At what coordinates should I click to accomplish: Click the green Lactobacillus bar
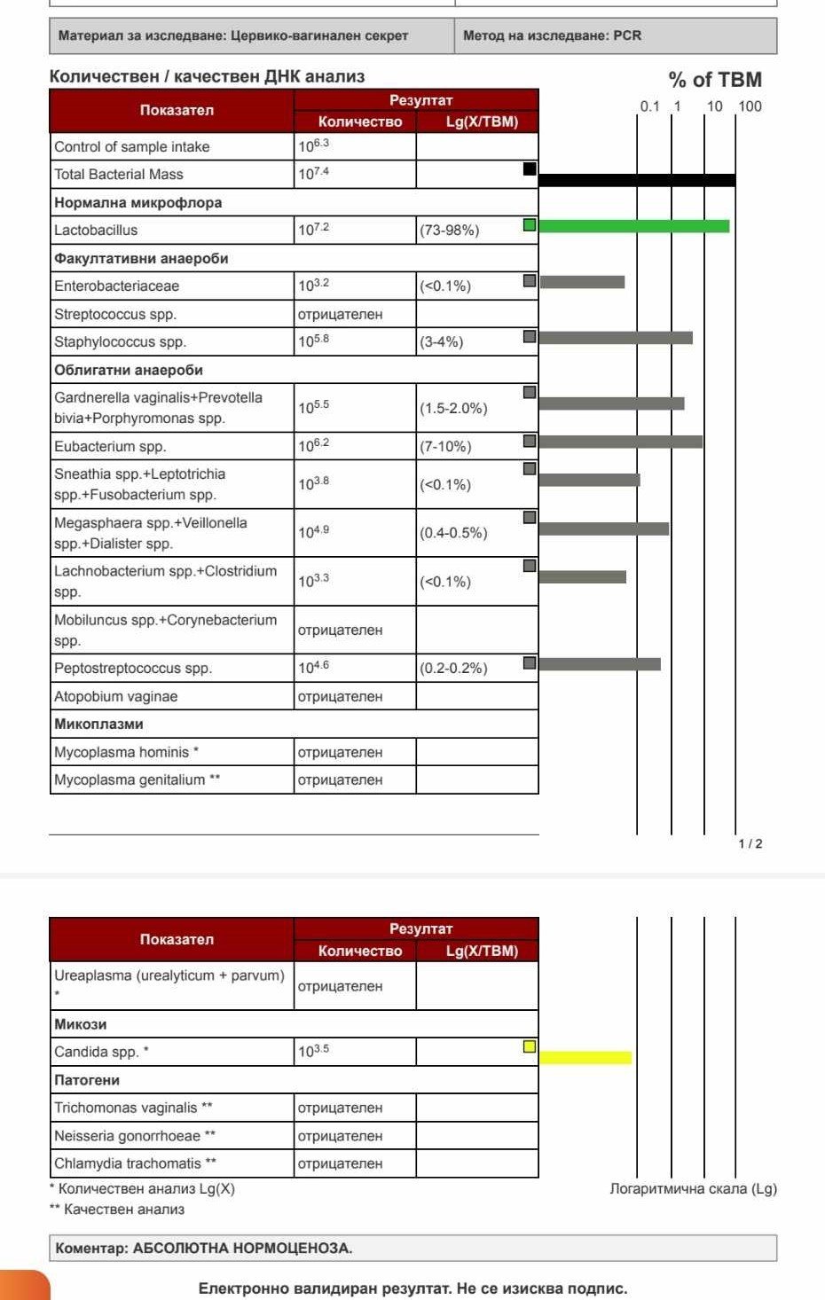[x=633, y=226]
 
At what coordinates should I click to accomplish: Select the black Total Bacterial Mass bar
[x=636, y=180]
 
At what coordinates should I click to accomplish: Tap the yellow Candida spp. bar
[x=585, y=1057]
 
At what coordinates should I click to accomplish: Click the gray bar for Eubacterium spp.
[x=620, y=442]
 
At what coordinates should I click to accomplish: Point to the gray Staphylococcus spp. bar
[x=615, y=338]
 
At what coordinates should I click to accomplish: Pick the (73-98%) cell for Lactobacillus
[x=450, y=231]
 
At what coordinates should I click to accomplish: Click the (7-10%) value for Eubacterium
[x=446, y=446]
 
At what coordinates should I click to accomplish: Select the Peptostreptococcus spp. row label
[x=133, y=669]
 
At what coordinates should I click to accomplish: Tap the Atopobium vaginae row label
[x=116, y=696]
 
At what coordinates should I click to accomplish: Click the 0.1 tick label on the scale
[x=649, y=106]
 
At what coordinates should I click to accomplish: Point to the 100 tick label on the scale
[x=750, y=106]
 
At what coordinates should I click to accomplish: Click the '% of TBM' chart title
[x=715, y=80]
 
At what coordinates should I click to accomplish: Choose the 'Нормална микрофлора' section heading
[x=138, y=202]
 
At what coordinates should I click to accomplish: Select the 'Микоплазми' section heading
[x=98, y=724]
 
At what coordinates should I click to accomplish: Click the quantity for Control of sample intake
[x=313, y=146]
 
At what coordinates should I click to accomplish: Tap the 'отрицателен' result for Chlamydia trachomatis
[x=340, y=1163]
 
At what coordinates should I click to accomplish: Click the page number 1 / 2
[x=750, y=843]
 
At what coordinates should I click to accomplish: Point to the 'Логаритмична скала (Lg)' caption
[x=693, y=1188]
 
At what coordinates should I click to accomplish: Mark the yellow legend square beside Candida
[x=530, y=1046]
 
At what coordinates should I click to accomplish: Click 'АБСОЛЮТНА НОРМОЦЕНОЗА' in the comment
[x=242, y=1248]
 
